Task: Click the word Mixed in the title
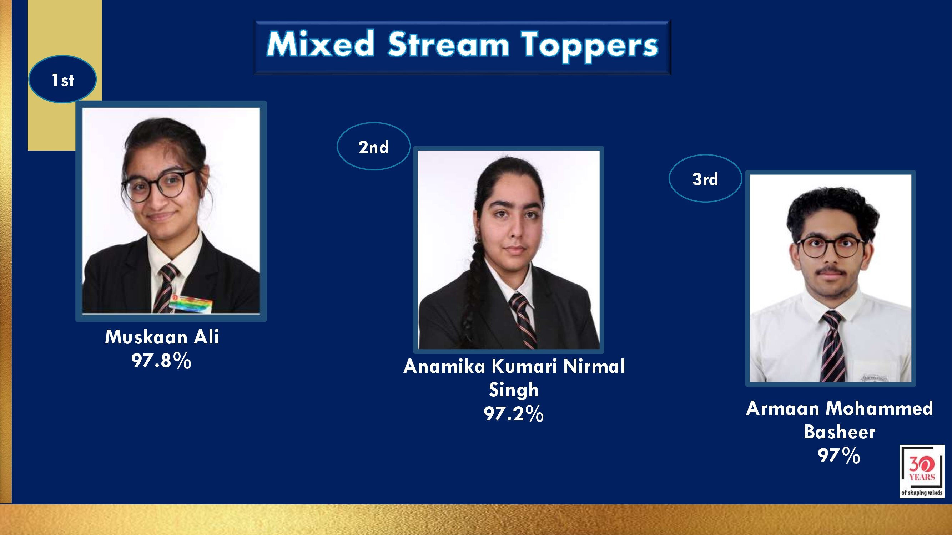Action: pyautogui.click(x=321, y=44)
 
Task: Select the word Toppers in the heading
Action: pyautogui.click(x=590, y=46)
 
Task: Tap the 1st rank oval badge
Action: pyautogui.click(x=62, y=80)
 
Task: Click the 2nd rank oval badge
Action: pyautogui.click(x=374, y=146)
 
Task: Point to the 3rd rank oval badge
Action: pyautogui.click(x=705, y=178)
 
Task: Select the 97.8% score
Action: pyautogui.click(x=161, y=360)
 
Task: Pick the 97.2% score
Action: pyautogui.click(x=514, y=413)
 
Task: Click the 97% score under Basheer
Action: pyautogui.click(x=839, y=455)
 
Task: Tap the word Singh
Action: pyautogui.click(x=514, y=390)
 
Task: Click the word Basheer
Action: pyautogui.click(x=840, y=432)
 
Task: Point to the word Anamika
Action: pyautogui.click(x=444, y=367)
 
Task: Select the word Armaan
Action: pyautogui.click(x=783, y=408)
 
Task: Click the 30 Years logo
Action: pyautogui.click(x=922, y=471)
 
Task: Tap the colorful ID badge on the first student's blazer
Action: pyautogui.click(x=191, y=305)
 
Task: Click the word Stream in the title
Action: pyautogui.click(x=448, y=44)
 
